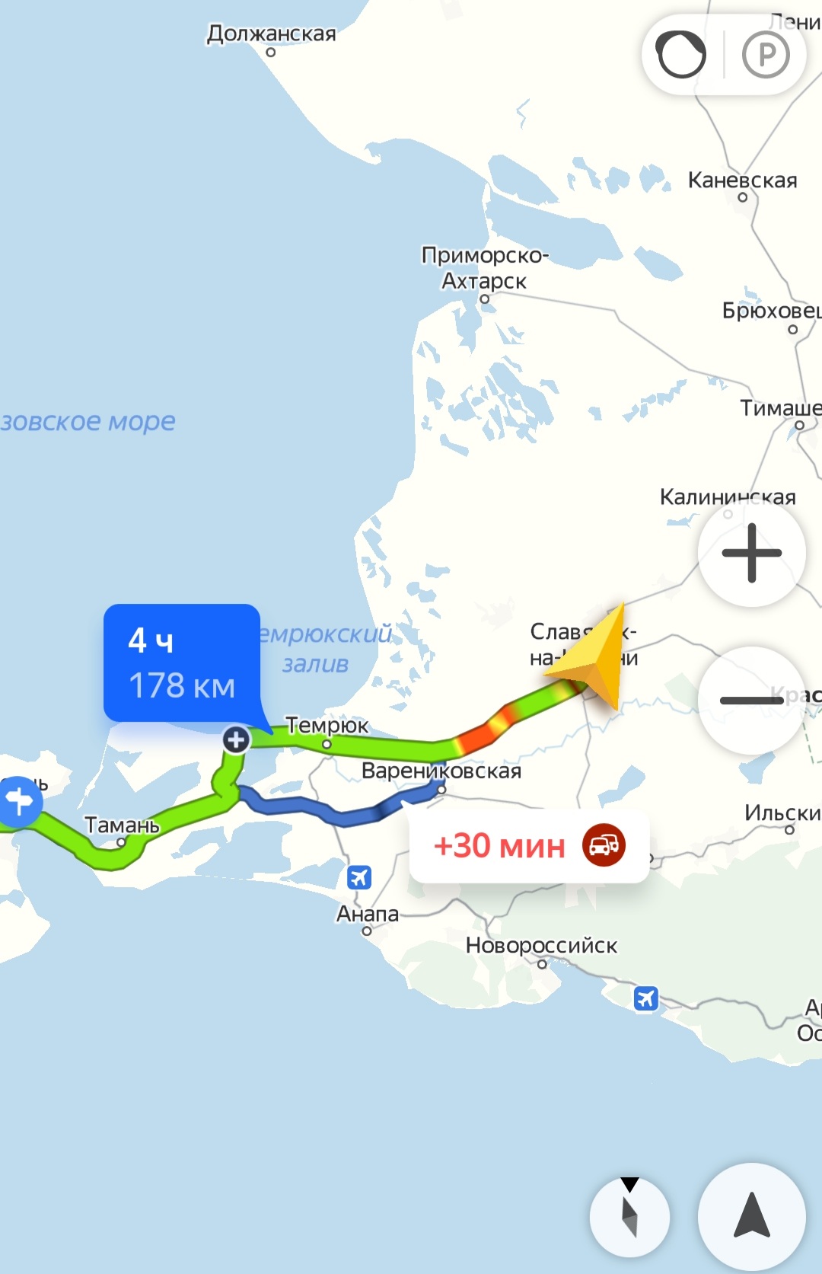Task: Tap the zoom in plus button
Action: pyautogui.click(x=751, y=553)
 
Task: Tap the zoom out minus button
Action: pyautogui.click(x=751, y=700)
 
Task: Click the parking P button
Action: pyautogui.click(x=766, y=55)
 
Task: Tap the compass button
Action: pyautogui.click(x=629, y=1217)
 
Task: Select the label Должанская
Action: pyautogui.click(x=271, y=34)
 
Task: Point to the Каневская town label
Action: pyautogui.click(x=742, y=180)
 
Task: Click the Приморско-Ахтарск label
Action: pyautogui.click(x=485, y=268)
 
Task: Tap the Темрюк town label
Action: pyautogui.click(x=327, y=726)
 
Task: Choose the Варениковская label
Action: pyautogui.click(x=441, y=771)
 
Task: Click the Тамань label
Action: pyautogui.click(x=122, y=825)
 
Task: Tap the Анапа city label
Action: pyautogui.click(x=368, y=914)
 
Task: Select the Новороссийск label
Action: pyautogui.click(x=541, y=946)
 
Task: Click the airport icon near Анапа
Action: pyautogui.click(x=358, y=877)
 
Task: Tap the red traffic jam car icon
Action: pyautogui.click(x=604, y=845)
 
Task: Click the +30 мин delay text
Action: pyautogui.click(x=499, y=846)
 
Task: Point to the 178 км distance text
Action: pyautogui.click(x=182, y=685)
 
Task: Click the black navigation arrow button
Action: pyautogui.click(x=751, y=1216)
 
